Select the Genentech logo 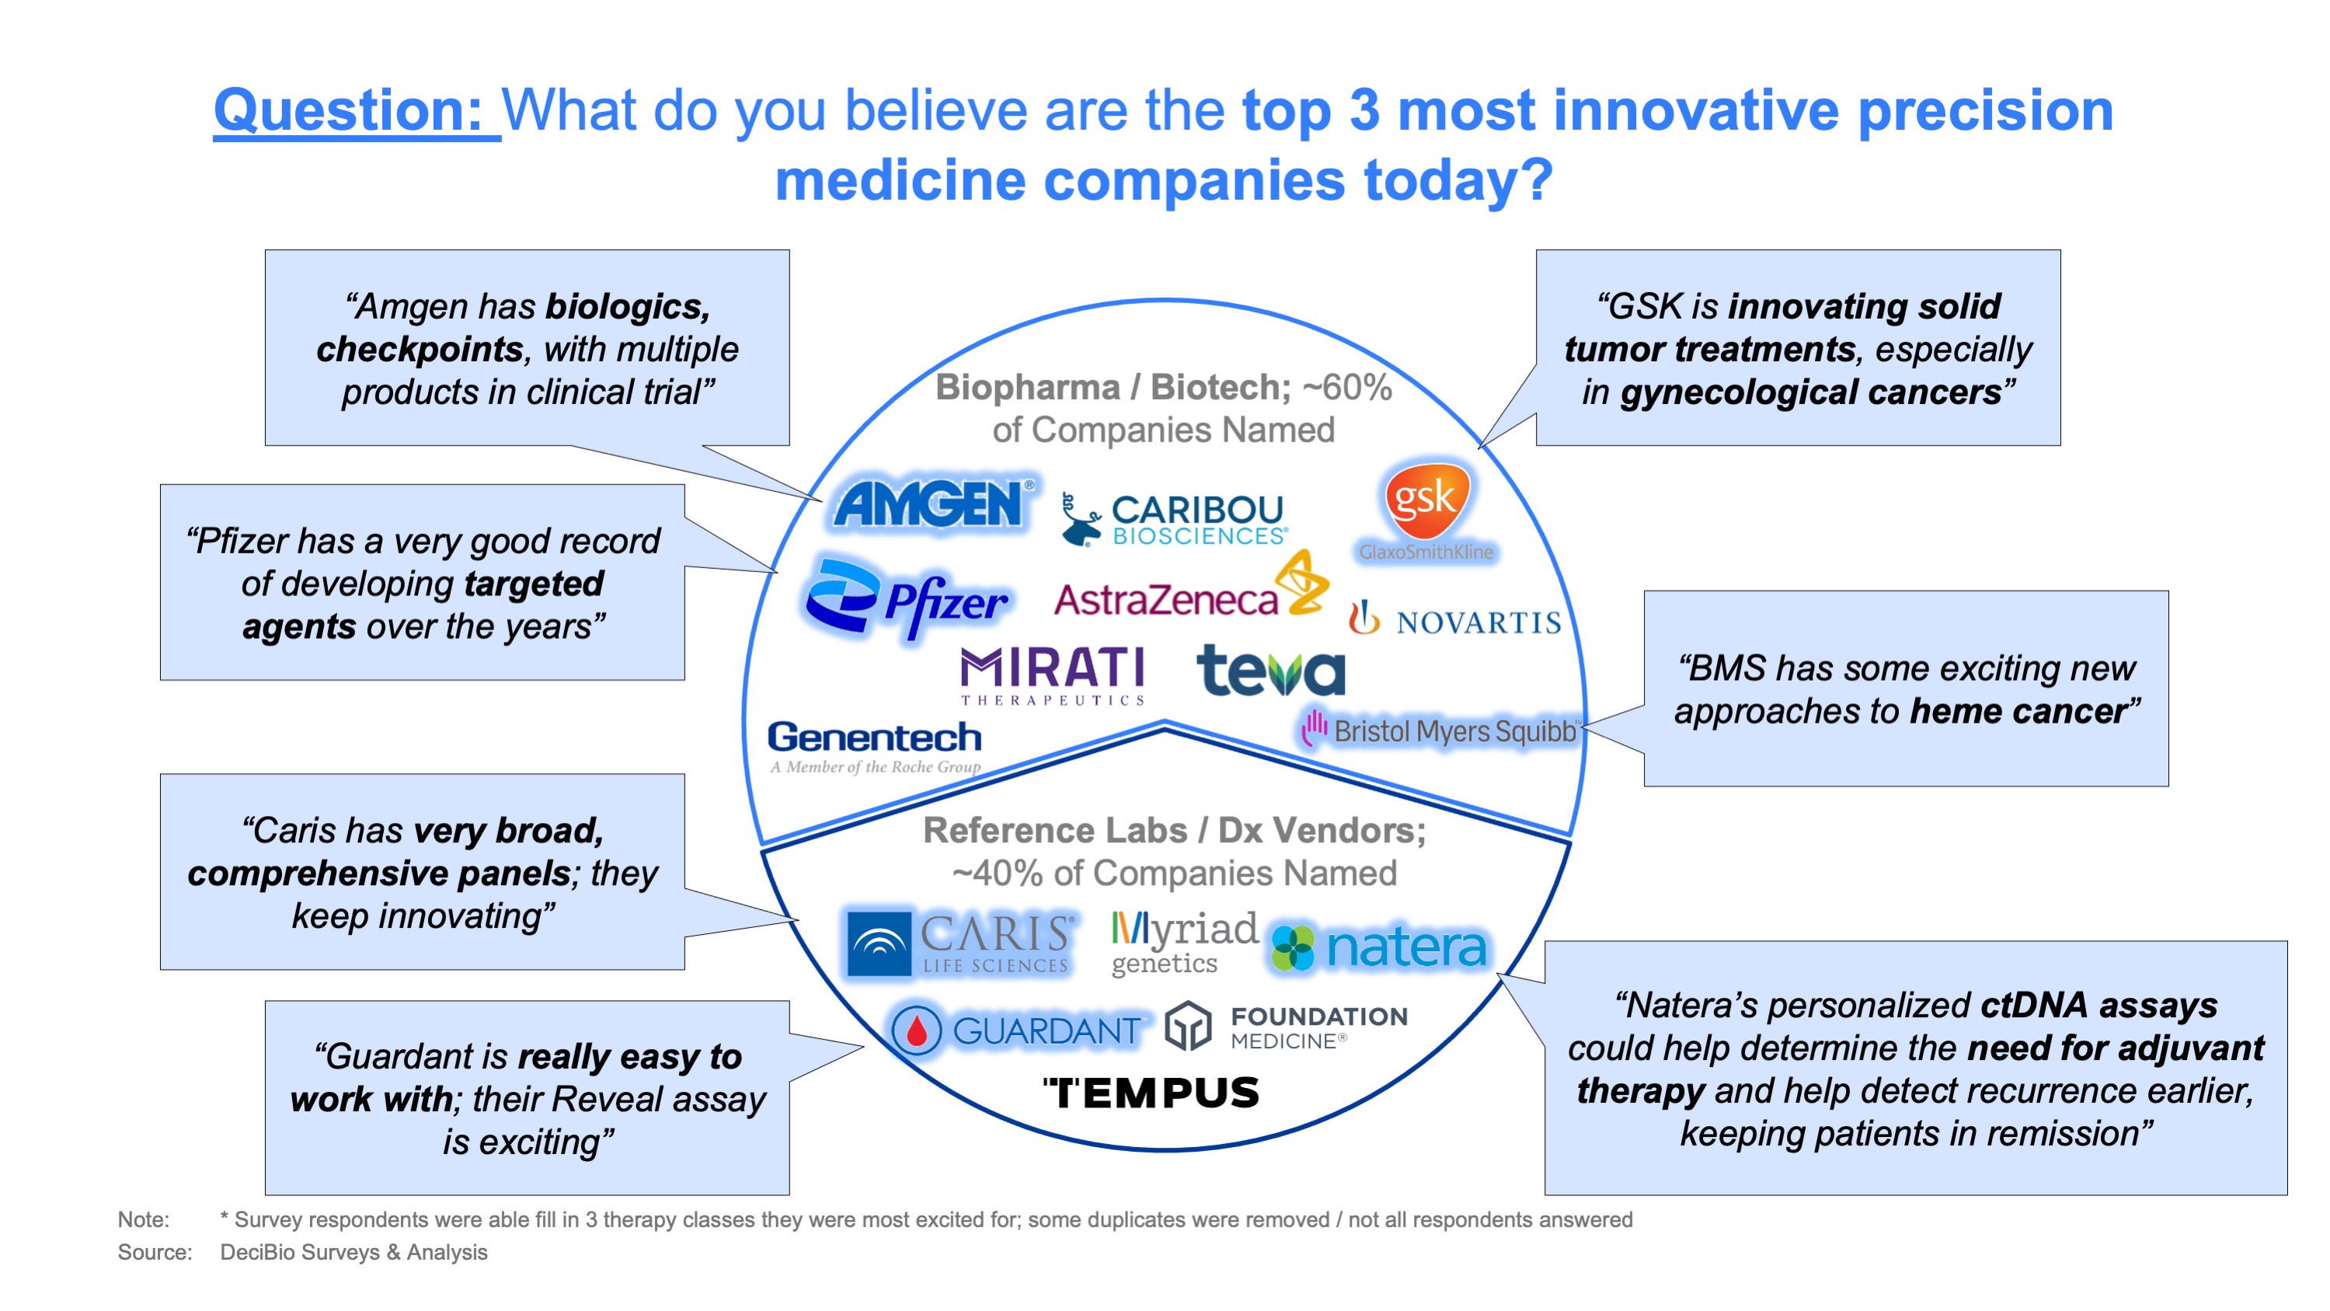[875, 748]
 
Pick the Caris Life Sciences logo [960, 943]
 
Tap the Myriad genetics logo [1184, 943]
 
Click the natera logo [1378, 947]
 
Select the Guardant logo [1017, 1030]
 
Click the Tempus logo [1151, 1093]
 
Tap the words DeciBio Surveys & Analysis [354, 1252]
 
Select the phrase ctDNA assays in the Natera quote [2098, 1004]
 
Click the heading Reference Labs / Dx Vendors [1174, 830]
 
